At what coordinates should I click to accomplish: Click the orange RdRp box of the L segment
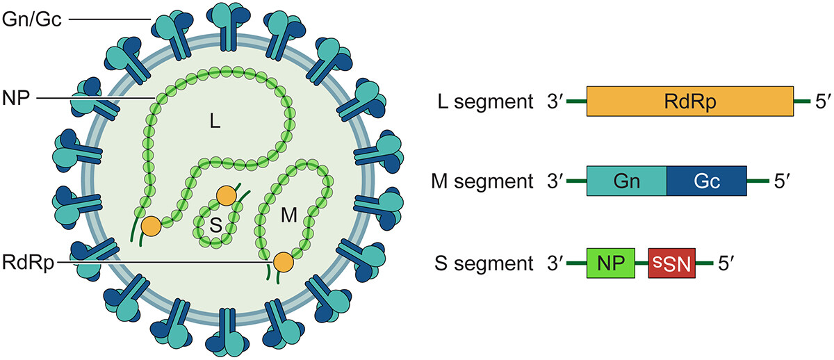[689, 101]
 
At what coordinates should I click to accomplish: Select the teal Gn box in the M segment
[627, 183]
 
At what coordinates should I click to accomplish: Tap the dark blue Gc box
[706, 183]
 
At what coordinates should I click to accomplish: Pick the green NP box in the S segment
[610, 264]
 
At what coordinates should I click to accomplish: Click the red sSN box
[671, 264]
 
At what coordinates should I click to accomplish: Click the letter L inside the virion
[215, 123]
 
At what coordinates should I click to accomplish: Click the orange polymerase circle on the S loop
[227, 197]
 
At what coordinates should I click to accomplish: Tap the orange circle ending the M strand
[283, 261]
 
